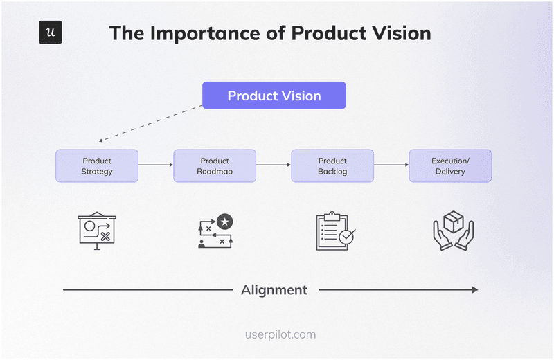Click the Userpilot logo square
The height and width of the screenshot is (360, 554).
tap(51, 33)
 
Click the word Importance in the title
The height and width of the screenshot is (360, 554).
tap(217, 33)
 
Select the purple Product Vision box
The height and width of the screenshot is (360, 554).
tap(274, 96)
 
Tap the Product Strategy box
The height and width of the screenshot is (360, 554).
tap(97, 166)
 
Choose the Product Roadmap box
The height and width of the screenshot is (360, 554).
tap(215, 166)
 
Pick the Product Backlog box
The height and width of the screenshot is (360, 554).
tap(332, 166)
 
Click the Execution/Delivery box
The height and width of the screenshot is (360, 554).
tap(450, 166)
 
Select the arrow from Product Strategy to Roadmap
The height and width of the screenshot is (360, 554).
tap(156, 165)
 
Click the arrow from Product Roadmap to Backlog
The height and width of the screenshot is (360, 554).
tap(274, 165)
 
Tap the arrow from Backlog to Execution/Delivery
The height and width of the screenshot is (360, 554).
tap(391, 165)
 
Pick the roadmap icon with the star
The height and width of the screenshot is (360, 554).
tap(215, 231)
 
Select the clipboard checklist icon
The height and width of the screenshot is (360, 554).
tap(334, 231)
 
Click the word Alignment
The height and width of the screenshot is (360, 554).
tap(274, 290)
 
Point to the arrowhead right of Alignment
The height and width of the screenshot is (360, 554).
tap(474, 290)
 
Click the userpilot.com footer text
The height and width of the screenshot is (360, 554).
tap(280, 334)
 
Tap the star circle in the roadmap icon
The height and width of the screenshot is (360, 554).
tap(224, 222)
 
